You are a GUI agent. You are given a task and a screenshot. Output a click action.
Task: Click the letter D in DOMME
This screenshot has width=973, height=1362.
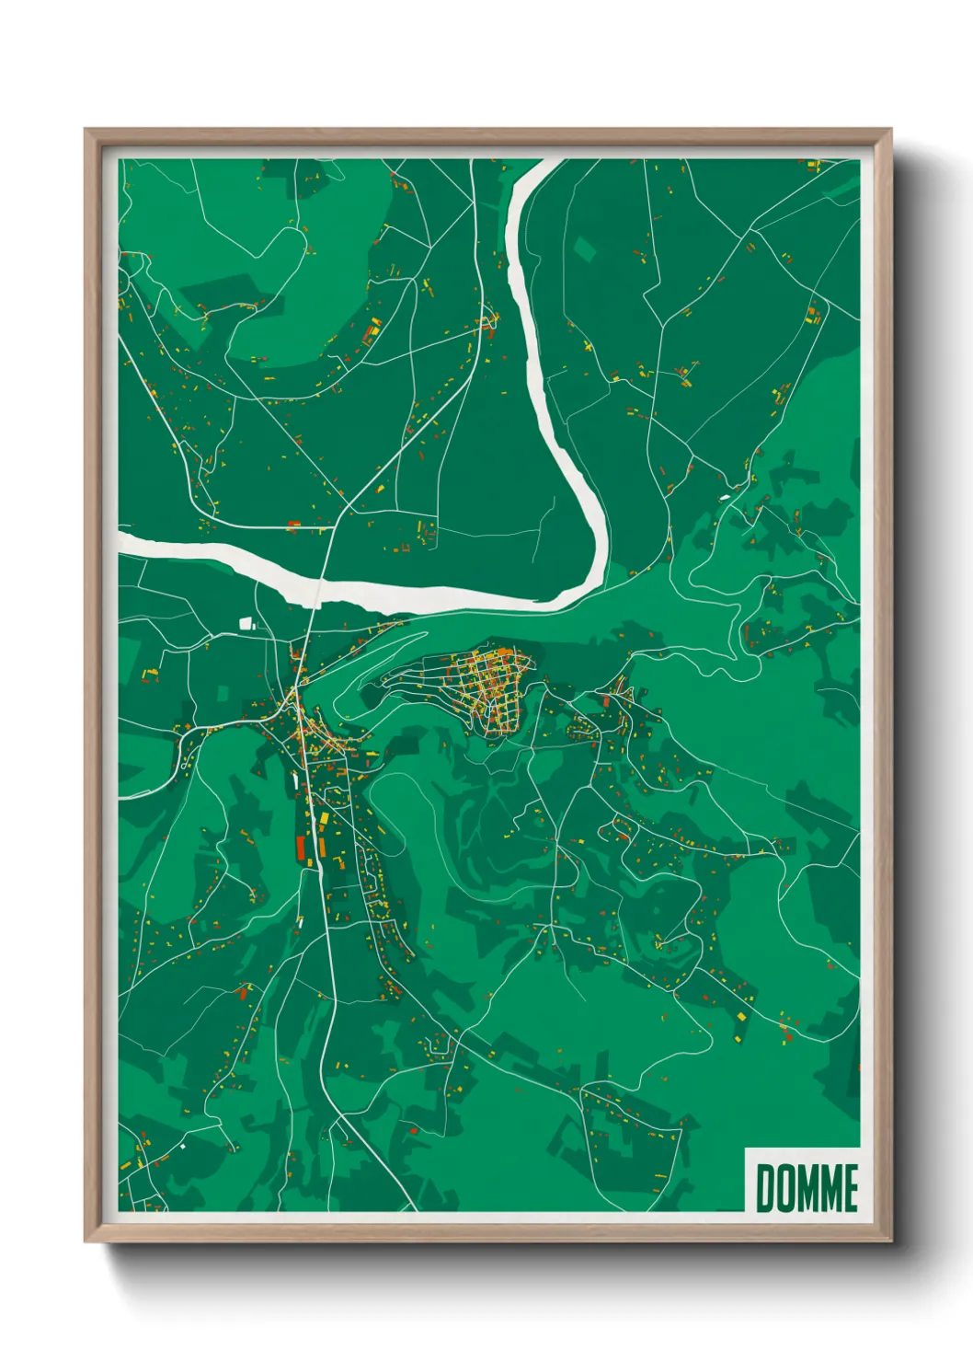pos(765,1188)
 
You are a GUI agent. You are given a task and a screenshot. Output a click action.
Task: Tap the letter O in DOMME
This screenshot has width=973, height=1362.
pos(784,1188)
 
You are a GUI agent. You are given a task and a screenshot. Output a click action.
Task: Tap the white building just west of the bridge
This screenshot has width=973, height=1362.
pos(246,623)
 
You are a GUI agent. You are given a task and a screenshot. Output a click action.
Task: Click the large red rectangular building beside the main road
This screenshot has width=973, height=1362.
pos(301,847)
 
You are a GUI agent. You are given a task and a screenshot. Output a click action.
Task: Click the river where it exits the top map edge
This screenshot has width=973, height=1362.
pos(544,163)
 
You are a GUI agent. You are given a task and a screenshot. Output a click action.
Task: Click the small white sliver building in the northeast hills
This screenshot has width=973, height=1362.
pos(726,497)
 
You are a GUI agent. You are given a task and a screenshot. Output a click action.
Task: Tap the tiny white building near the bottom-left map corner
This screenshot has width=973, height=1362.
pos(182,1147)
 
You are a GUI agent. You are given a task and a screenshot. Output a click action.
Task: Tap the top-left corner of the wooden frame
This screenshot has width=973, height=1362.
pos(86,130)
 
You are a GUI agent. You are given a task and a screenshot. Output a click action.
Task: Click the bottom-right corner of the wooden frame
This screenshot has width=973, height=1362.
pos(891,1241)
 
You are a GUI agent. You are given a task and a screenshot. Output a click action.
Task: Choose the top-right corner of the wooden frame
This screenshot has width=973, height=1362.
pos(891,130)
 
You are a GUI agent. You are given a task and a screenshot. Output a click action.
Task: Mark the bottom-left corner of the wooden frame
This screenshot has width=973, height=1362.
pos(86,1241)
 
